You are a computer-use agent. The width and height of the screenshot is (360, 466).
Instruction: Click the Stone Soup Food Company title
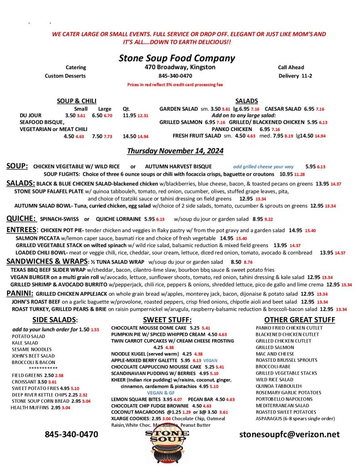(x=177, y=58)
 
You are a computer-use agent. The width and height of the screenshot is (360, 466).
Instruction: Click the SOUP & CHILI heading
(x=76, y=101)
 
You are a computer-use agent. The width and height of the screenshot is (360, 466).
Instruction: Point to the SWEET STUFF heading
(x=167, y=319)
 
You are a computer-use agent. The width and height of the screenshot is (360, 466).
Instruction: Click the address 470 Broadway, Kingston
(x=177, y=67)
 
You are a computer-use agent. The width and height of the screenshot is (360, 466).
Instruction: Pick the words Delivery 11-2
(x=295, y=76)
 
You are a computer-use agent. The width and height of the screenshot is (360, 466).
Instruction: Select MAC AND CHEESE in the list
(x=275, y=354)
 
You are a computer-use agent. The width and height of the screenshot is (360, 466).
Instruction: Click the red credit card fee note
(x=175, y=85)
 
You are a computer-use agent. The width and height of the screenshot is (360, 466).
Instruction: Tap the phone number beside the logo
(x=71, y=434)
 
